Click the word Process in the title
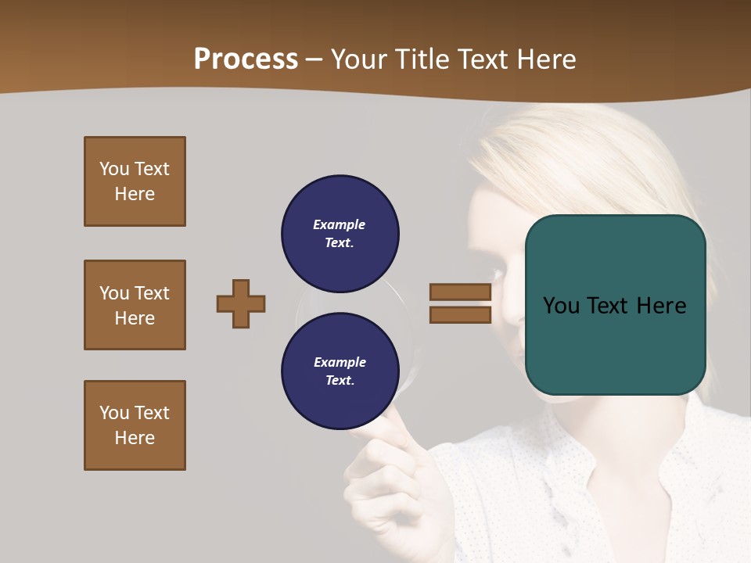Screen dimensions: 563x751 coord(246,59)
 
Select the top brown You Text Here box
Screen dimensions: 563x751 coord(135,181)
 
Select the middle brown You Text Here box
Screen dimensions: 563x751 coord(135,305)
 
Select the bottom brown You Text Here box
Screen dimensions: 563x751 coord(135,425)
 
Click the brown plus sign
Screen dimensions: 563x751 coord(241,303)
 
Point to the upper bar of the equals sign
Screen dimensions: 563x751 coord(460,292)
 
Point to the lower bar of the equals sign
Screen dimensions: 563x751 coord(460,315)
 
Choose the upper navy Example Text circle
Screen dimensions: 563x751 coord(340,233)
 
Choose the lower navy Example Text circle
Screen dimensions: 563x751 coord(340,371)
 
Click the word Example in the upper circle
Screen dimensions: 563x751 coord(339,224)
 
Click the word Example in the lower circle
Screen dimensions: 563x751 coord(340,362)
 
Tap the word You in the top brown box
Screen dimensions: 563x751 coord(113,169)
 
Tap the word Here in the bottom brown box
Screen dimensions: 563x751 coord(135,438)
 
